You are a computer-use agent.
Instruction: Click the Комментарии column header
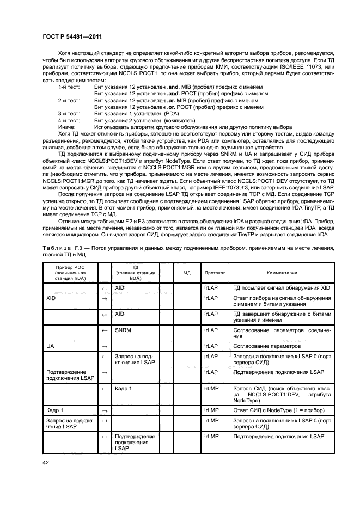282,272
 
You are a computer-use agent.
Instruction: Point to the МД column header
186,272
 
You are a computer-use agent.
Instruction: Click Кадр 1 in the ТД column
124,389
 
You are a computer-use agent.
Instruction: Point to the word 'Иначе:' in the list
66,126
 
